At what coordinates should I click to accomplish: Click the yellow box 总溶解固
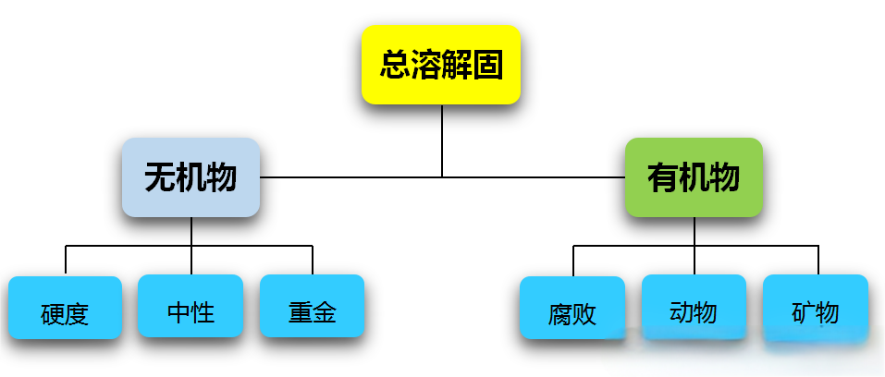pos(441,65)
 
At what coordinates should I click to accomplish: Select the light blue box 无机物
pos(191,177)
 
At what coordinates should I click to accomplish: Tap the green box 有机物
pos(694,177)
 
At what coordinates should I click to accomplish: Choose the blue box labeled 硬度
pos(66,308)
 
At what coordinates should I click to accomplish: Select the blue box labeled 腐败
pos(572,309)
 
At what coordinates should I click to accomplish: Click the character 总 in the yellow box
pos(395,66)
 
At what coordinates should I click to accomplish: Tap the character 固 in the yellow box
pos(488,66)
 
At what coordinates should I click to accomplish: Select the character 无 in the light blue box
pos(160,177)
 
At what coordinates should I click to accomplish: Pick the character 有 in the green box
pos(663,177)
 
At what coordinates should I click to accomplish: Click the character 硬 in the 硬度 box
pos(53,315)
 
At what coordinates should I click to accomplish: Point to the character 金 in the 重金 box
pos(325,312)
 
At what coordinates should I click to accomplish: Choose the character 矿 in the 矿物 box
pos(803,312)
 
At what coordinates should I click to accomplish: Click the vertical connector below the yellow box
pos(442,139)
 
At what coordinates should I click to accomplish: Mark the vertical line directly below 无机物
pos(191,231)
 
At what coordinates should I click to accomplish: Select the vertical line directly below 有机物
pos(694,231)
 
